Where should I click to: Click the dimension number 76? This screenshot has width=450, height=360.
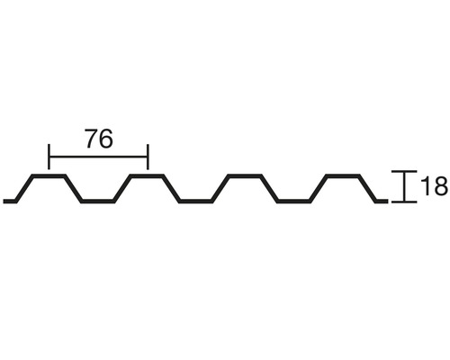99,139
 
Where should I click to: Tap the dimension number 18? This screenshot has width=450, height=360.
435,186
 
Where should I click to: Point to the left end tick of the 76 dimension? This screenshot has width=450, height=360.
49,157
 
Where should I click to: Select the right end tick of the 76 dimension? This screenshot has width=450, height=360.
148,157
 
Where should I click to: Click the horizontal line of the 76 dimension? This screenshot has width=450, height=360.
98,157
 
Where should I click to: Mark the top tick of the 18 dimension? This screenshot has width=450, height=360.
405,172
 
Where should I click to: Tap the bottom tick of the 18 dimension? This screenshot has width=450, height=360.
405,202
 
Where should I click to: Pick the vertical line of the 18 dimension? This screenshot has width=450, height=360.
405,186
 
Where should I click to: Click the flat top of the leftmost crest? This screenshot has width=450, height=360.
49,175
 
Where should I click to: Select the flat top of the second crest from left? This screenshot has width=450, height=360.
147,175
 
